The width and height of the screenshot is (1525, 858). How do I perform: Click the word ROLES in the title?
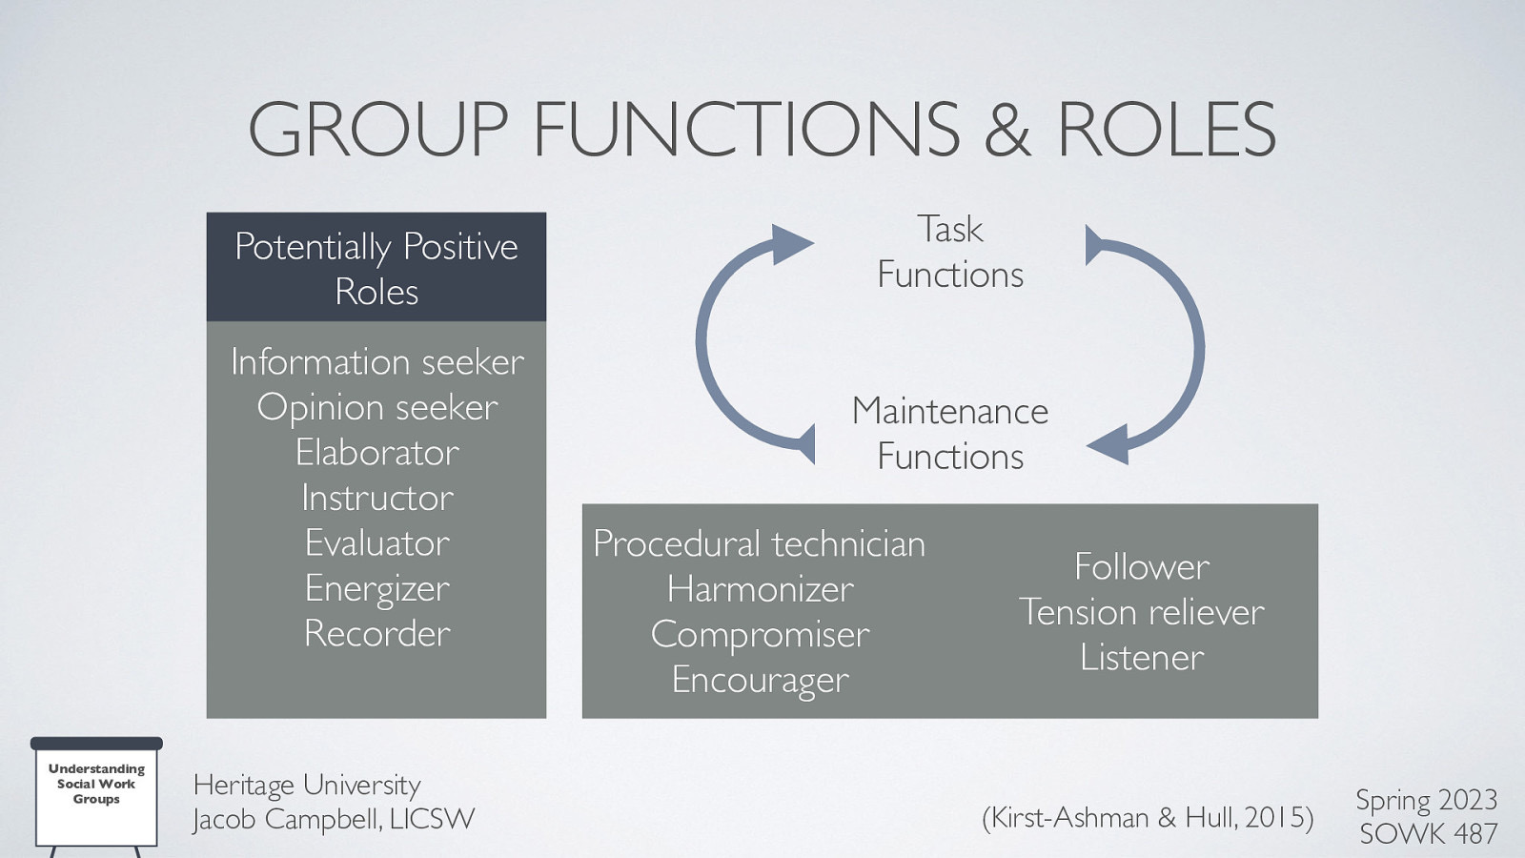pyautogui.click(x=1166, y=130)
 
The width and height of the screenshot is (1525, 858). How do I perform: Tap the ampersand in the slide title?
pyautogui.click(x=1007, y=132)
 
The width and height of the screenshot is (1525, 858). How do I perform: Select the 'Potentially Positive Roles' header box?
pyautogui.click(x=376, y=268)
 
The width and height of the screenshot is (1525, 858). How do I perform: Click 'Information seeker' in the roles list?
pyautogui.click(x=377, y=362)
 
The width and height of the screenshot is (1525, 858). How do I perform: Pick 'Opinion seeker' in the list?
pyautogui.click(x=377, y=408)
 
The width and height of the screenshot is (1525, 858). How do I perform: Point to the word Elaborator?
pyautogui.click(x=377, y=453)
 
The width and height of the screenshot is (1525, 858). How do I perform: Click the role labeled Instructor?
pyautogui.click(x=377, y=498)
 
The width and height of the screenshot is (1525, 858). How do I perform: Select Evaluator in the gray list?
pyautogui.click(x=377, y=543)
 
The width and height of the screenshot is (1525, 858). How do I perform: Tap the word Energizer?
pyautogui.click(x=377, y=589)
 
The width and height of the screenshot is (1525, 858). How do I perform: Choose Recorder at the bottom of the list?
pyautogui.click(x=377, y=634)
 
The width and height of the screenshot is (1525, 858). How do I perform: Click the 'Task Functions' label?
pyautogui.click(x=950, y=252)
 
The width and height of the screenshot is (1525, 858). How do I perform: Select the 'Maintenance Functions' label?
pyautogui.click(x=950, y=434)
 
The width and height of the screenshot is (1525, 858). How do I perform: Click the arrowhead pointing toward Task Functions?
pyautogui.click(x=790, y=245)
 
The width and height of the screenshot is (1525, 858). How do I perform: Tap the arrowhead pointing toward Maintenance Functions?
pyautogui.click(x=1109, y=444)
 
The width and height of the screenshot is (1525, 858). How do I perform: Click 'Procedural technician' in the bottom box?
pyautogui.click(x=760, y=544)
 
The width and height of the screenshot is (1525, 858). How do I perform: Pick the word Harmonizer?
pyautogui.click(x=760, y=589)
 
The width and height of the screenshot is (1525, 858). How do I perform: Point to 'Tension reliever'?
pyautogui.click(x=1142, y=612)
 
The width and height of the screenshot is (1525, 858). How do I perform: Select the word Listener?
pyautogui.click(x=1142, y=658)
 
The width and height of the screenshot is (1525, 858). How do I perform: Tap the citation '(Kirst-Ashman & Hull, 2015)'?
pyautogui.click(x=1148, y=818)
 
